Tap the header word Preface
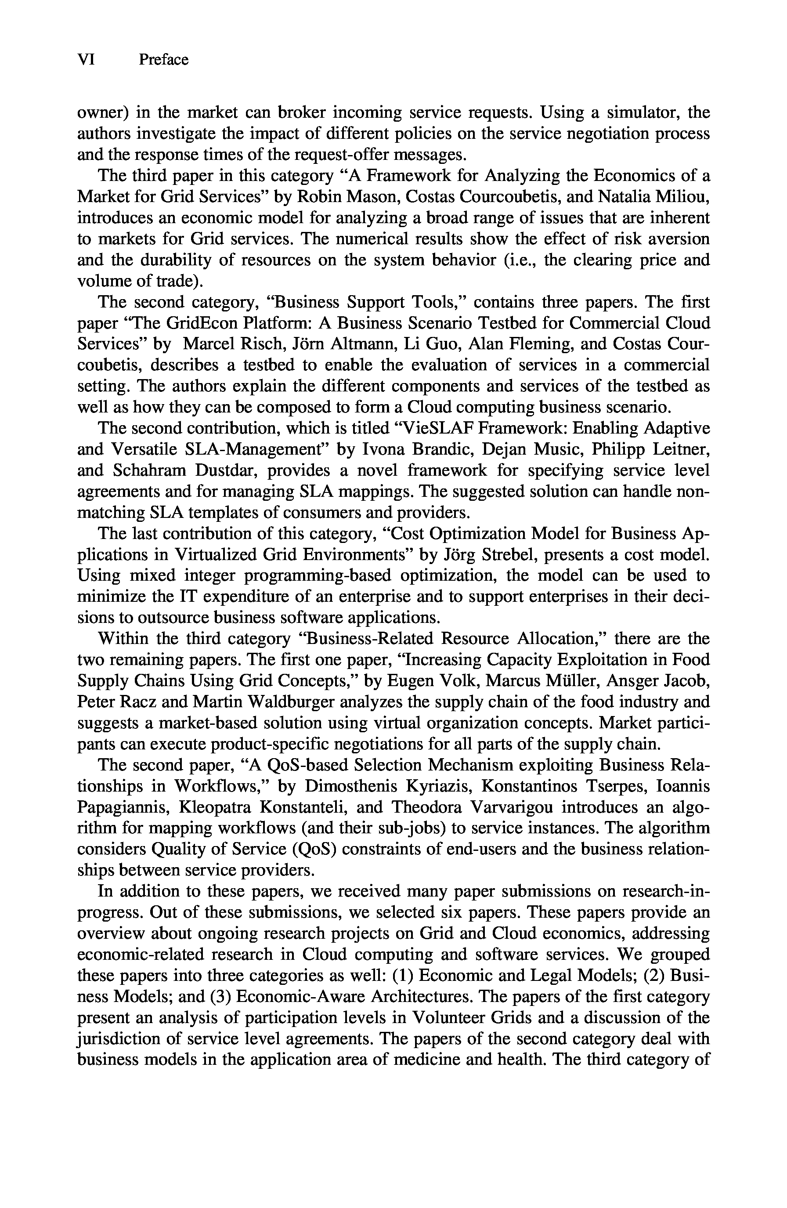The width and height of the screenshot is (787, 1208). coord(163,60)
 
